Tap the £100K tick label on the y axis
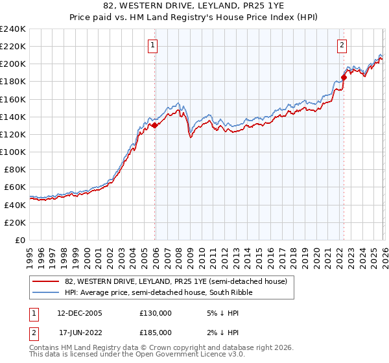(13, 152)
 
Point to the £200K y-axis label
(13, 64)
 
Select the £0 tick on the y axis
(21, 240)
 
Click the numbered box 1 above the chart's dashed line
(152, 45)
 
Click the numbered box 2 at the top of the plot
(341, 45)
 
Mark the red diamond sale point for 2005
(155, 126)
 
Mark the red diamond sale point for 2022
(344, 77)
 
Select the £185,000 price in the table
(156, 332)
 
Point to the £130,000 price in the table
(156, 312)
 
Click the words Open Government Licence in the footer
(170, 355)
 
